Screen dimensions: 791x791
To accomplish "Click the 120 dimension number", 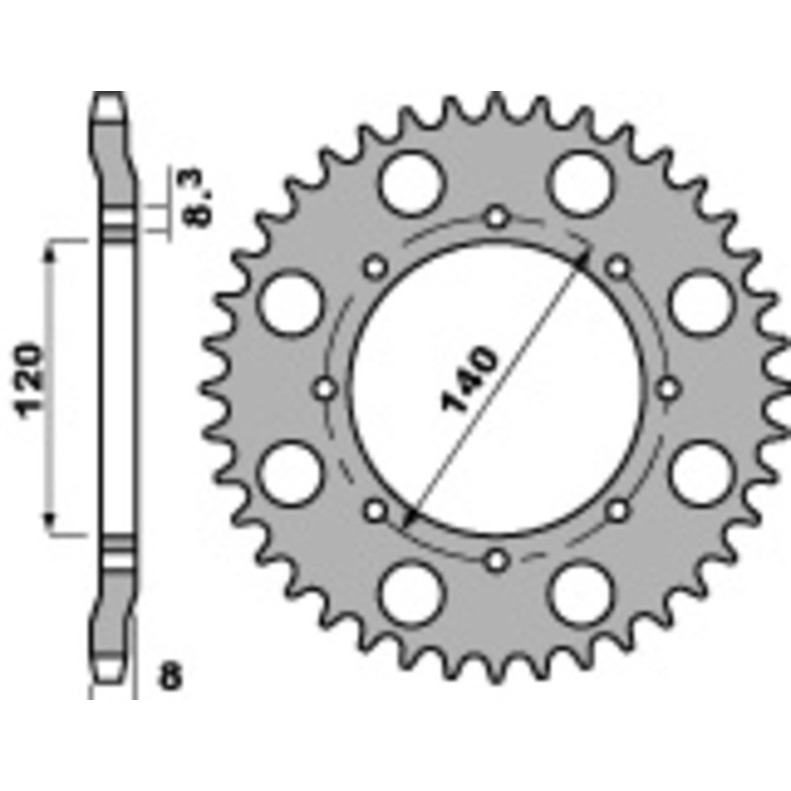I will coord(31,380).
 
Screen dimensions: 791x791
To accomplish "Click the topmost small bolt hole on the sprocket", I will coord(497,216).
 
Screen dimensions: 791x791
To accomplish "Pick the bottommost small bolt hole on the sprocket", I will coord(497,561).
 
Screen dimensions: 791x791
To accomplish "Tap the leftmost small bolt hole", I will coord(326,388).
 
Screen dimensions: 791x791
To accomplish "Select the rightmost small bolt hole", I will coord(669,388).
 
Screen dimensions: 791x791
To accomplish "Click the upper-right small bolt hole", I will coord(618,266).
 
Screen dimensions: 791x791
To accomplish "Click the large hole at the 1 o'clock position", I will coord(580,184).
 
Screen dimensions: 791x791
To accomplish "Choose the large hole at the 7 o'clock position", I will coord(412,591).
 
